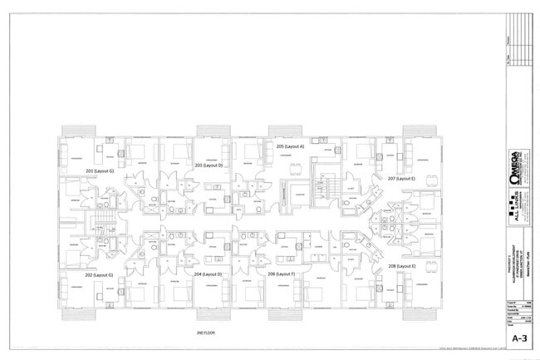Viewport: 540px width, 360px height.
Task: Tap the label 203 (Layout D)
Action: [x=209, y=165]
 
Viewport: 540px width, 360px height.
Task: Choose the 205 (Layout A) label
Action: [x=290, y=146]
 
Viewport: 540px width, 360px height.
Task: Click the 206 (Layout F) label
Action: [x=282, y=274]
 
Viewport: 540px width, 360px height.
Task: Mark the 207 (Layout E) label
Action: [x=401, y=178]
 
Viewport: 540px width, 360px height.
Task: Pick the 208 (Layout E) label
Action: [x=401, y=266]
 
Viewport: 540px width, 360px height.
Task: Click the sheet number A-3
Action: [x=519, y=338]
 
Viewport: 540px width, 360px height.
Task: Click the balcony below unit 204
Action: [x=213, y=314]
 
